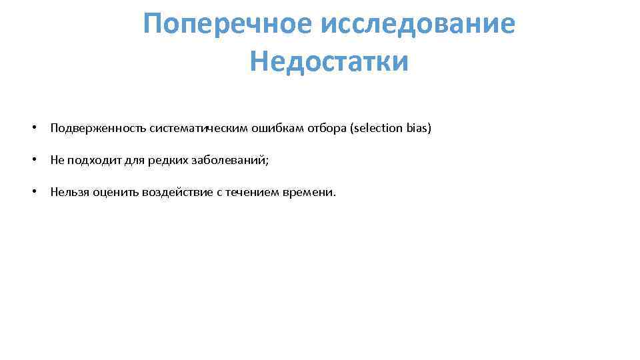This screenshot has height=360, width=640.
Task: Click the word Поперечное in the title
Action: (x=226, y=25)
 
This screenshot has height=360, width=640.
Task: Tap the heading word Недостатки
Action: (x=329, y=62)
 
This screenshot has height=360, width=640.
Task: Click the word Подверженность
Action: (x=98, y=128)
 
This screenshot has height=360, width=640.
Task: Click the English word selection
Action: (x=377, y=128)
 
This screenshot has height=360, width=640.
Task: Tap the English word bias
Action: (x=418, y=128)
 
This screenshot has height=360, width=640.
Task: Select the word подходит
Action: (x=91, y=160)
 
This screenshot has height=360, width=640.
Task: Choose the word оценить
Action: (x=115, y=193)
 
